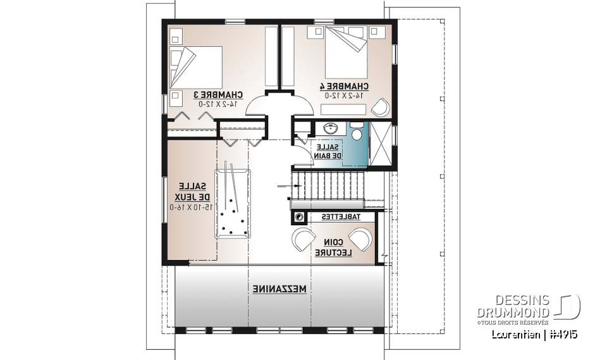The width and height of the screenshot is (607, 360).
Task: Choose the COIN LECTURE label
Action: pyautogui.click(x=335, y=246)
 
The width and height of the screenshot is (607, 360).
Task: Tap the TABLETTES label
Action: pyautogui.click(x=341, y=217)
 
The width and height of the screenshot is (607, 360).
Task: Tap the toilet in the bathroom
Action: pyautogui.click(x=357, y=133)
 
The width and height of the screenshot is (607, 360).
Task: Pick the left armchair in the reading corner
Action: pyautogui.click(x=303, y=240)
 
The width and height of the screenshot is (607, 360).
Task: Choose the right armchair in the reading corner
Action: pyautogui.click(x=362, y=240)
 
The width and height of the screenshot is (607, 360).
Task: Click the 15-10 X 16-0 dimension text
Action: pyautogui.click(x=190, y=207)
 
